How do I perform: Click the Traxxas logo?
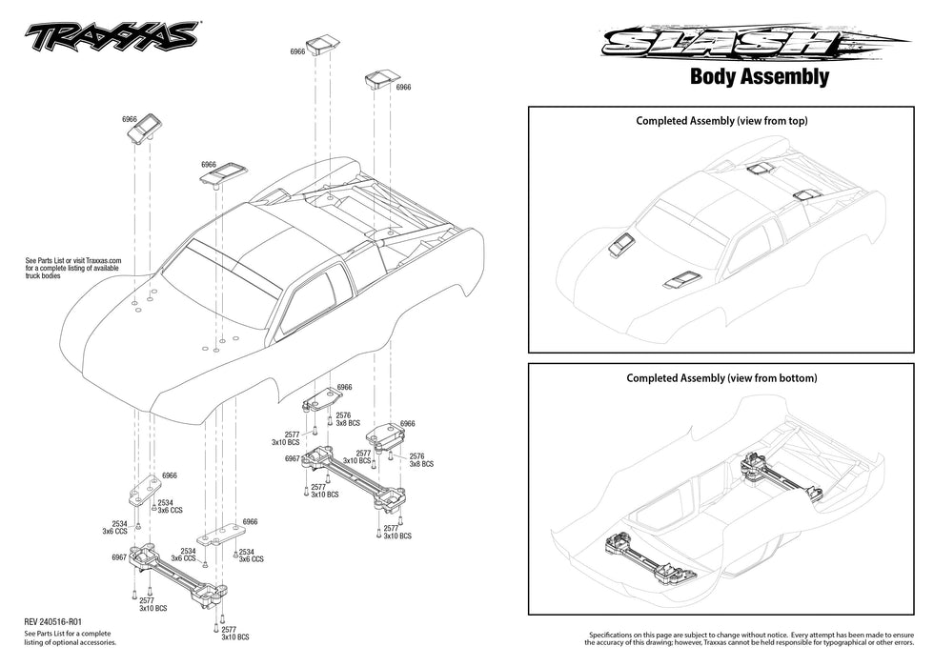(x=112, y=35)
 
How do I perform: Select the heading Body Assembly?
(x=759, y=77)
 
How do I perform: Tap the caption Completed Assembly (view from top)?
(x=721, y=121)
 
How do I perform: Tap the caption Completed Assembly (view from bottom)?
(x=721, y=378)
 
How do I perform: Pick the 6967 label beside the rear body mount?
(x=293, y=458)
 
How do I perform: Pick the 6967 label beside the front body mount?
(x=119, y=556)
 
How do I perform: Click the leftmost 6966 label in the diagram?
(x=130, y=119)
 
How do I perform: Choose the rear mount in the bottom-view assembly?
(x=782, y=476)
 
